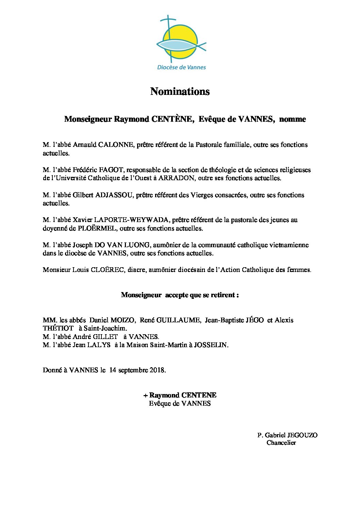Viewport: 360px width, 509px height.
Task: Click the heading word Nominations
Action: pyautogui.click(x=180, y=91)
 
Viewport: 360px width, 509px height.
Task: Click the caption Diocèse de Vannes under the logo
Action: pyautogui.click(x=181, y=67)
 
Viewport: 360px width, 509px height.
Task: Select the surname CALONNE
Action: pyautogui.click(x=116, y=145)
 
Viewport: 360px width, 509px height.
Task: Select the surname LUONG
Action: pyautogui.click(x=140, y=245)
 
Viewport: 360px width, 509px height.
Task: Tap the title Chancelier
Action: pyautogui.click(x=281, y=443)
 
